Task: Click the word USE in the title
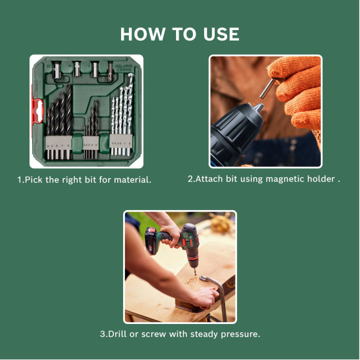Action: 219,34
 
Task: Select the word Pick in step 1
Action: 34,179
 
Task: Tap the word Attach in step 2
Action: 209,179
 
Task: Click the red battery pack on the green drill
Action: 152,243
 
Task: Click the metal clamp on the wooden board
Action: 217,288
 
